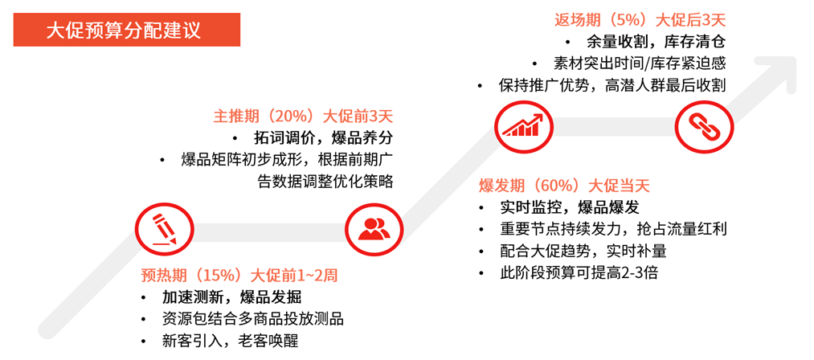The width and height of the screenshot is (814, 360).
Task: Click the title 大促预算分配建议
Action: (x=123, y=30)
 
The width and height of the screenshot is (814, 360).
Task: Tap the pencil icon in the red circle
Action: (x=165, y=230)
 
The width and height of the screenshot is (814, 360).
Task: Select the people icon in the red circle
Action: (x=374, y=230)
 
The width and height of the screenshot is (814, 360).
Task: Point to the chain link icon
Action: (x=705, y=125)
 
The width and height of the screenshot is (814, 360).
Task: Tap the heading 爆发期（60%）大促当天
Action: (x=564, y=186)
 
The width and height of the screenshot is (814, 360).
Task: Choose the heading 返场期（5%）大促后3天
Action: (x=640, y=20)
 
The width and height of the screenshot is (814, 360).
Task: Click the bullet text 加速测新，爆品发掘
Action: (x=231, y=297)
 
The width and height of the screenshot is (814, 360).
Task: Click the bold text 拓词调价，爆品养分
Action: (x=323, y=137)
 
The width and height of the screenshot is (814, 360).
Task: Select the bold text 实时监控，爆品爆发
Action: (x=570, y=208)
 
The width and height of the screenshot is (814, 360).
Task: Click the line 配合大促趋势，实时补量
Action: (x=583, y=251)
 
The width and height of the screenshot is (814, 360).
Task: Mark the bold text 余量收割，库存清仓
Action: (x=656, y=42)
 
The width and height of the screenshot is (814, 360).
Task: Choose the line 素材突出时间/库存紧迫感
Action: (x=640, y=63)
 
